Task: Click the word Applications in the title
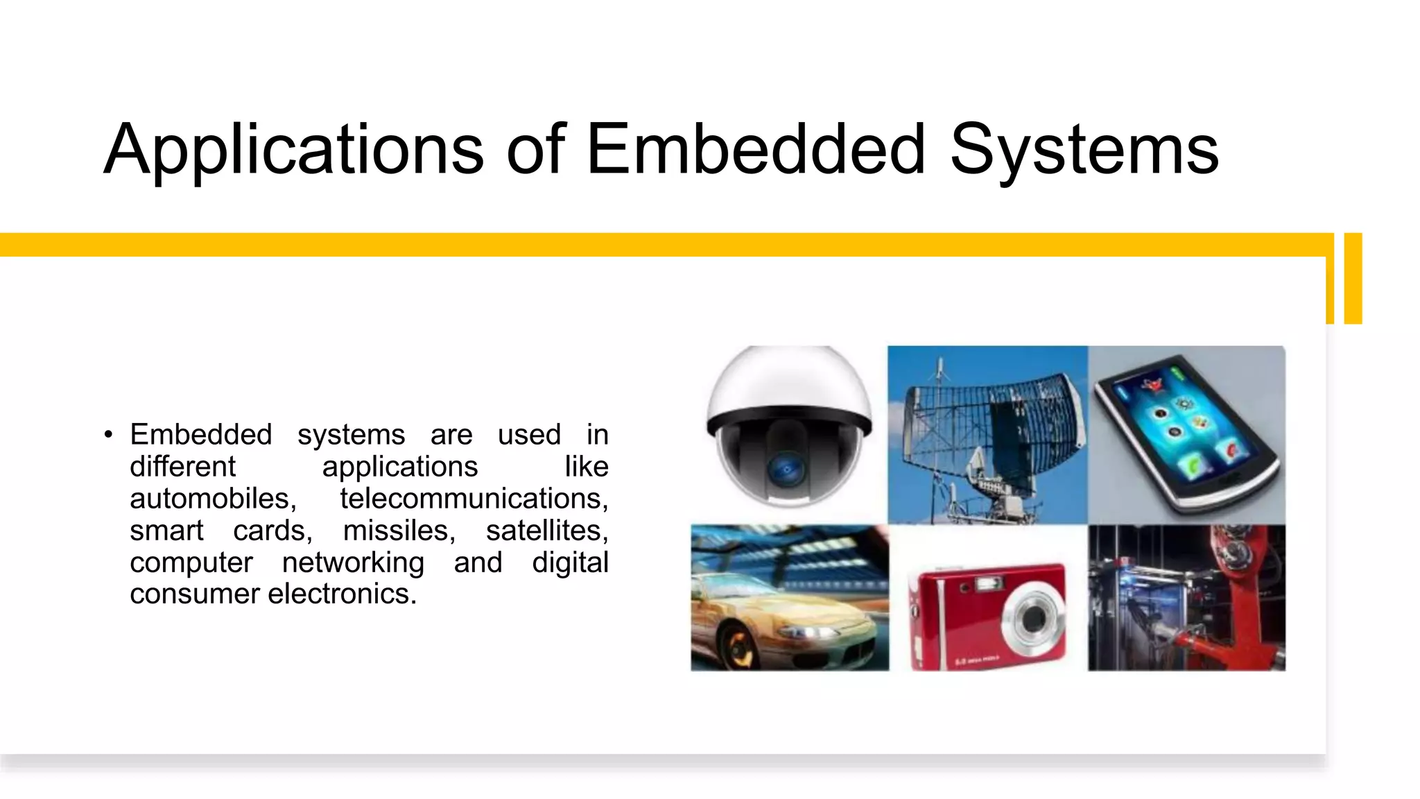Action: coord(293,150)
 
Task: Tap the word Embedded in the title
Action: coord(756,148)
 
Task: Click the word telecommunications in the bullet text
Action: coord(474,499)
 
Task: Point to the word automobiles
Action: coord(213,499)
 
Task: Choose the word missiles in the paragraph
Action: coord(399,531)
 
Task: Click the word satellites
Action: coord(546,531)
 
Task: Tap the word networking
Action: coord(353,562)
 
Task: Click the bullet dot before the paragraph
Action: coord(108,436)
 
